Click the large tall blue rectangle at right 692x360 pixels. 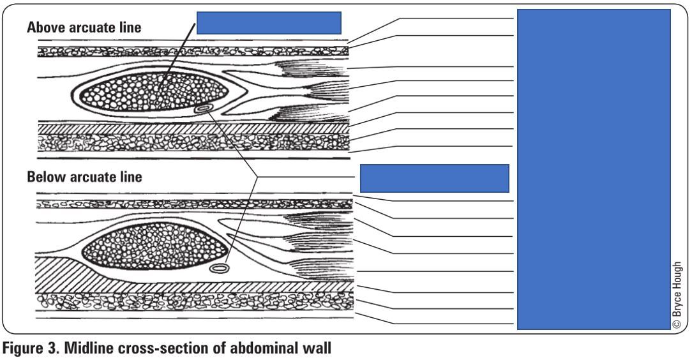point(593,169)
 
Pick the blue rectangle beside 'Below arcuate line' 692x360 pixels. point(435,177)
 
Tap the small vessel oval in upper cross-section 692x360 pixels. point(204,109)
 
